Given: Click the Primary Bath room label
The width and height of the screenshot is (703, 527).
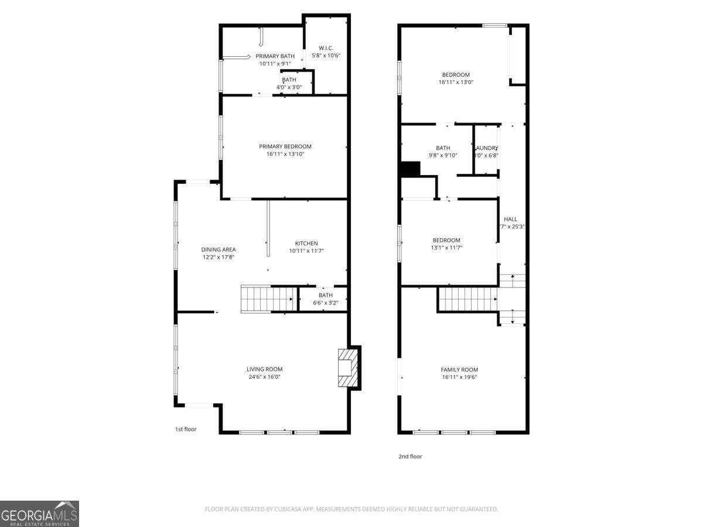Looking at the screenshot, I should click(275, 56).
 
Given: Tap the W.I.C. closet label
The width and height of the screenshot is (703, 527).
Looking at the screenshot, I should click(326, 47).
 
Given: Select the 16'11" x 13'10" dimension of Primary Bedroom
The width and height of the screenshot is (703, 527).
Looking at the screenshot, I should click(285, 155).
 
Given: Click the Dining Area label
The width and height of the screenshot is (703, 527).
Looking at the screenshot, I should click(219, 249).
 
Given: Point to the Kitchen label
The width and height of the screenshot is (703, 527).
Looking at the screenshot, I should click(306, 244).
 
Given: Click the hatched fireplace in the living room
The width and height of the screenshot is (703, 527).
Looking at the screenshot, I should click(347, 368).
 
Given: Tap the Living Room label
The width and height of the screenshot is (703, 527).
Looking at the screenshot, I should click(264, 369).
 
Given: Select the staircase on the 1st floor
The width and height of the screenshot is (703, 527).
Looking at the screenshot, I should click(267, 299).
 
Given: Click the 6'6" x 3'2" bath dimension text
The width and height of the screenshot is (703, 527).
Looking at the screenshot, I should click(325, 303).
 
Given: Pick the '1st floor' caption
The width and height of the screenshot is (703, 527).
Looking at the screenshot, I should click(186, 429).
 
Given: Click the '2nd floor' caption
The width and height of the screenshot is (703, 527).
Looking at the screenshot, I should click(410, 456).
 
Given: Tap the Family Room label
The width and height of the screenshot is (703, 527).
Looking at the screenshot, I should click(459, 369).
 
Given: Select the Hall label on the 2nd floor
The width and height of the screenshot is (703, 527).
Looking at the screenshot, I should click(510, 219).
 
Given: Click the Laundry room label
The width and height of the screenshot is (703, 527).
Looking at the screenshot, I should click(487, 148).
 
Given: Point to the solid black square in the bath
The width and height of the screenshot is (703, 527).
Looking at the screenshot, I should click(410, 169).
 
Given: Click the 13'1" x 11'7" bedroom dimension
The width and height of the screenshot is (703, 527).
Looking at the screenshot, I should click(446, 248).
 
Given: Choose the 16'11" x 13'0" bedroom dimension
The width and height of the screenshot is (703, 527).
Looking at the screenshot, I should click(456, 83).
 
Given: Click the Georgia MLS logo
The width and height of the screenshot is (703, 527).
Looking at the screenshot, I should click(39, 514).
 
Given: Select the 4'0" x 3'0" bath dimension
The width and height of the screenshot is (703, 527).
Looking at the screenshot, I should click(289, 87).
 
